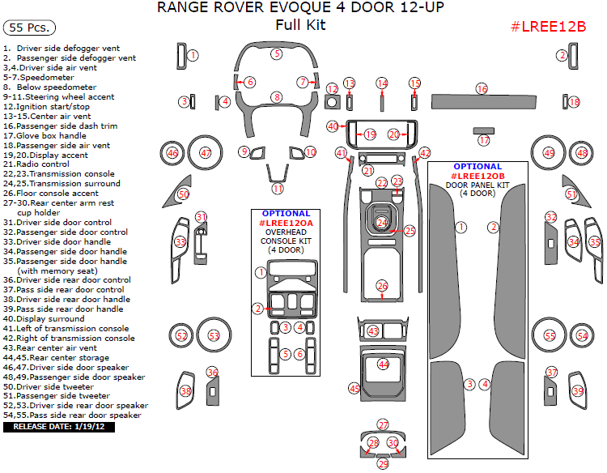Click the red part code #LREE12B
click(548, 26)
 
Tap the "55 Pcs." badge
click(29, 28)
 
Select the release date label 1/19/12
click(59, 426)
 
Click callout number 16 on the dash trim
click(482, 87)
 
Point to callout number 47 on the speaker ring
click(206, 152)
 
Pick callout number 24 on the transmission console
click(382, 222)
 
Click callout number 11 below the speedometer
click(277, 189)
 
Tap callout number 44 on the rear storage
click(384, 364)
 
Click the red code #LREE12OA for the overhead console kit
click(286, 222)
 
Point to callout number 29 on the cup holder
click(383, 464)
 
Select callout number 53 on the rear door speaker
click(214, 335)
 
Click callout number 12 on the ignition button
click(332, 88)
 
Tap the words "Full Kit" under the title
click(300, 24)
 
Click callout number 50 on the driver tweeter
click(183, 194)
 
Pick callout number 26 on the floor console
click(382, 285)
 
